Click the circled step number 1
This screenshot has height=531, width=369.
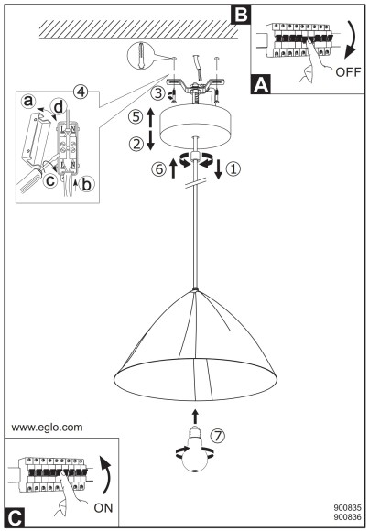click(x=233, y=168)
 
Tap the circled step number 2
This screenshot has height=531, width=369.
click(x=136, y=145)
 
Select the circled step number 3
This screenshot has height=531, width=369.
click(x=157, y=93)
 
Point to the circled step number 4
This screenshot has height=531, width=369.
click(x=81, y=92)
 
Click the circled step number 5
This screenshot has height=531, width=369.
click(x=136, y=117)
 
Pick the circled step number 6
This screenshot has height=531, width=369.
click(x=159, y=169)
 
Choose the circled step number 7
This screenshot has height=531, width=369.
click(x=218, y=436)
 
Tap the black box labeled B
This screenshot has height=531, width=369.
click(x=241, y=15)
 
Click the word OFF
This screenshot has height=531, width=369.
click(x=348, y=71)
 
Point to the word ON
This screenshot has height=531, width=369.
click(x=103, y=508)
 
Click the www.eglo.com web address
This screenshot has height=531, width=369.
click(x=47, y=427)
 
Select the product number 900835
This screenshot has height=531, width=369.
click(x=347, y=508)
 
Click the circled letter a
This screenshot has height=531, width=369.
click(x=28, y=101)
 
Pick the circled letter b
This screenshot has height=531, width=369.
click(x=87, y=185)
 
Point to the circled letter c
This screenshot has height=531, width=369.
click(x=50, y=180)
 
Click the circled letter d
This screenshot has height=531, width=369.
click(x=59, y=107)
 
